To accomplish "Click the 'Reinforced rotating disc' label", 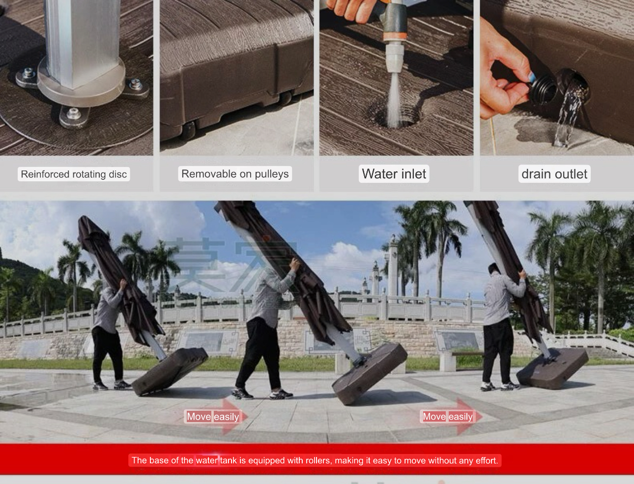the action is click(74, 174).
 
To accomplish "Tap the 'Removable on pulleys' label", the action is click(235, 174).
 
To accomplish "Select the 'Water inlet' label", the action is click(394, 174).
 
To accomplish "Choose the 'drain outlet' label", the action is click(554, 174).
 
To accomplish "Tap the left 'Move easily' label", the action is click(213, 416).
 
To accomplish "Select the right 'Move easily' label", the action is click(447, 416).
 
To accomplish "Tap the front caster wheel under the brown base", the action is click(188, 131).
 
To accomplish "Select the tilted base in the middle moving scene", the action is click(370, 373).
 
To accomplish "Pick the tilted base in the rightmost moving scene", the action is click(552, 368).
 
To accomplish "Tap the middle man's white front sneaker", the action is click(281, 394).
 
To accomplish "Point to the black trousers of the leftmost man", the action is click(108, 355).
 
